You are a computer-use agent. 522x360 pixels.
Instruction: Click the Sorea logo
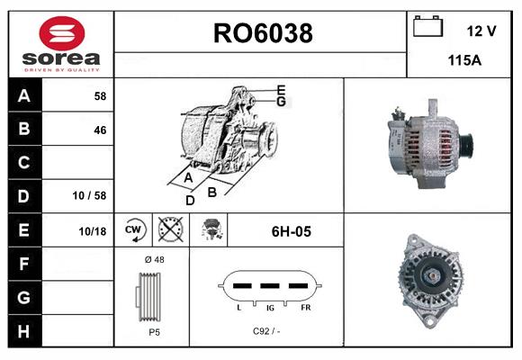click(x=61, y=44)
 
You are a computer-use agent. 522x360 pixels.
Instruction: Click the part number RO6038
click(x=262, y=33)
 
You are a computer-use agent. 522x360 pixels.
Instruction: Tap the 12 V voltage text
click(x=481, y=31)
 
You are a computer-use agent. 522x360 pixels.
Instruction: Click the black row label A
click(x=23, y=95)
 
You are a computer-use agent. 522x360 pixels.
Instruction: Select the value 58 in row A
click(x=99, y=95)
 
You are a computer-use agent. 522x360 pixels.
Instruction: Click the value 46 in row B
click(x=99, y=130)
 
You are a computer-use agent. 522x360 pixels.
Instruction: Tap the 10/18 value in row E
click(x=92, y=231)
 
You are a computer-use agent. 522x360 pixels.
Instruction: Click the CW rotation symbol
click(x=134, y=230)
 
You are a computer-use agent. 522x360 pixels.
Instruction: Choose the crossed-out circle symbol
click(x=168, y=230)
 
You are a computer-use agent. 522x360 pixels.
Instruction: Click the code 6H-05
click(x=291, y=231)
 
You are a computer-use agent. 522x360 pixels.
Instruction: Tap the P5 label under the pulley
click(x=154, y=332)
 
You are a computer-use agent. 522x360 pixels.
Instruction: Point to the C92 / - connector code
click(x=266, y=332)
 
